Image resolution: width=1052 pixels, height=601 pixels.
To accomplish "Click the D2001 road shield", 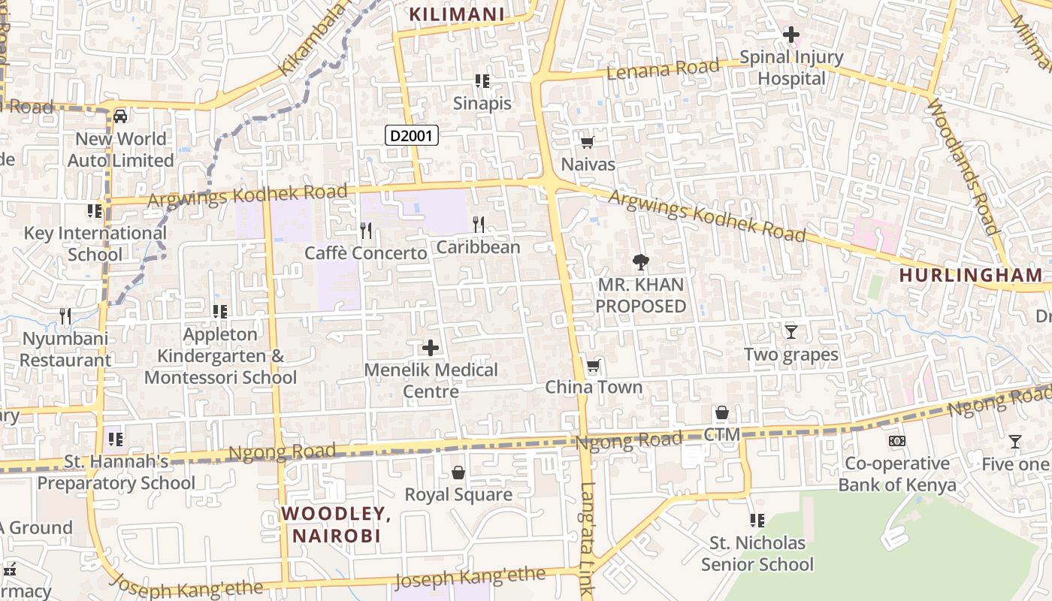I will tap(411, 136).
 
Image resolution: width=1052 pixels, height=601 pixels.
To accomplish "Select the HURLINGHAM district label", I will tap(971, 275).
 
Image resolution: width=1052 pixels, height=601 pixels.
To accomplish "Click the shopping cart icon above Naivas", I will tap(588, 142).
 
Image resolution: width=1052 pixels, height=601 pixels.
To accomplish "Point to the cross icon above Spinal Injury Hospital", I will tap(791, 35).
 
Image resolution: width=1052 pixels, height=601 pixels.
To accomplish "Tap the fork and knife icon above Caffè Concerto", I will tap(366, 229).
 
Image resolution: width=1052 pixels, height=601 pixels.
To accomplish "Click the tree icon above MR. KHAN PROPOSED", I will tap(640, 262).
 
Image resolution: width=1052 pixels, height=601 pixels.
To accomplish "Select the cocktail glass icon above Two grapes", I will tap(791, 331).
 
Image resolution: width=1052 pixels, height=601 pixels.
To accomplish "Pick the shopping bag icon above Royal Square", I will tap(458, 472).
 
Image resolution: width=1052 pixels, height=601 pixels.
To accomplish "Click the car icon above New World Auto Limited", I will tap(119, 116).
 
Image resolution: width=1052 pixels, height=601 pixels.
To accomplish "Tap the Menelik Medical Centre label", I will tap(431, 380).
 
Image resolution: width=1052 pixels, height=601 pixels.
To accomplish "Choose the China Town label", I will tap(594, 388).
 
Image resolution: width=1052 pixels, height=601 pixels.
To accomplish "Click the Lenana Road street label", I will tap(652, 69).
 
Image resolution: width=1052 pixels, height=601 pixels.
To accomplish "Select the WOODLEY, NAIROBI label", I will tap(336, 524).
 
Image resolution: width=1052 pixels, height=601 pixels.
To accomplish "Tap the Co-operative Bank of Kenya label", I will tap(897, 474).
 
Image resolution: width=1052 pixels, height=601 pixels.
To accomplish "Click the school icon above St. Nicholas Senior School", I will tap(757, 520).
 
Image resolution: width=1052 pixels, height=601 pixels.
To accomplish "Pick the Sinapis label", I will tap(482, 104).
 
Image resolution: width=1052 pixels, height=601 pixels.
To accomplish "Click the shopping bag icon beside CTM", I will tap(721, 412).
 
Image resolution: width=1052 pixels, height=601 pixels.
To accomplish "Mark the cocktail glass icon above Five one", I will tap(1014, 442).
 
